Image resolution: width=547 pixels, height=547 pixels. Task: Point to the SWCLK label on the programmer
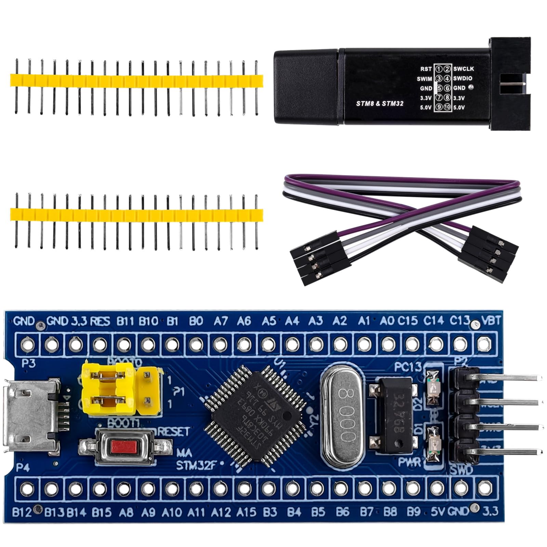tap(464, 69)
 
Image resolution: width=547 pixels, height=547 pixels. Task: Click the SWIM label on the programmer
tap(424, 79)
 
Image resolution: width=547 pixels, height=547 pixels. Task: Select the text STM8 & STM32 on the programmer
tap(379, 103)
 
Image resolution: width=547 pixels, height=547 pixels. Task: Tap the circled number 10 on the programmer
tap(447, 107)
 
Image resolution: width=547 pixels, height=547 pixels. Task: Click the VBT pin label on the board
tap(491, 321)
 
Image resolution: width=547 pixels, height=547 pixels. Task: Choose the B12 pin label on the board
tap(22, 512)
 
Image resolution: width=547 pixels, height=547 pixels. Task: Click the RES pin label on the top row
tap(100, 321)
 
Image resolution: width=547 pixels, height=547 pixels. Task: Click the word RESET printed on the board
tap(174, 431)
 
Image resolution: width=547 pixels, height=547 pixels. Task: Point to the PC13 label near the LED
tap(408, 367)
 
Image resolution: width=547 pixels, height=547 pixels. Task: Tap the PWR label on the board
tap(410, 462)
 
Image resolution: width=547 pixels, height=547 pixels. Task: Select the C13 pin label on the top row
tap(459, 321)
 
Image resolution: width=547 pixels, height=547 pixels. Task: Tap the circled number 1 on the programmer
tap(438, 69)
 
